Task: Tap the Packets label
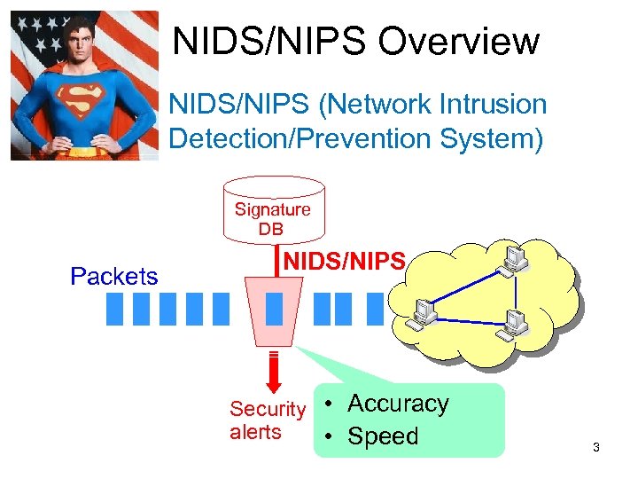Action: click(x=114, y=276)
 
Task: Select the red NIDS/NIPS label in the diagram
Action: click(x=345, y=261)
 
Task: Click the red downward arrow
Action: click(x=274, y=372)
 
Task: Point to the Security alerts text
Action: click(x=267, y=420)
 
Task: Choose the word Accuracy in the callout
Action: click(x=398, y=404)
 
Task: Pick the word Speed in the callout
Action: click(x=383, y=436)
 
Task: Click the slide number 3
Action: click(x=596, y=448)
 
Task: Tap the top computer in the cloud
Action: click(x=512, y=258)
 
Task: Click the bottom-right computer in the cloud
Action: click(x=513, y=326)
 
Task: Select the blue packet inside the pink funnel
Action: click(x=275, y=308)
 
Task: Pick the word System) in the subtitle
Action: click(x=492, y=139)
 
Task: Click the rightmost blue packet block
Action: click(x=375, y=308)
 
